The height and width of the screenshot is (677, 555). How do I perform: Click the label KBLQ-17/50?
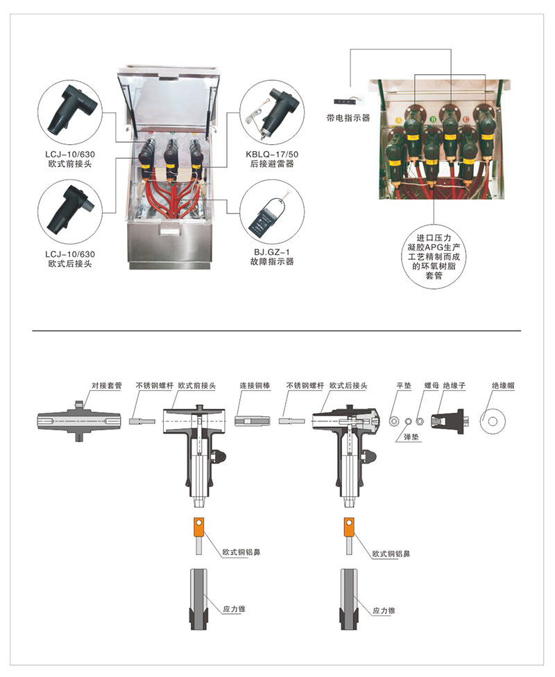click(x=272, y=154)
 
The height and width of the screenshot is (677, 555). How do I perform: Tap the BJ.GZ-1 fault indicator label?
click(x=272, y=252)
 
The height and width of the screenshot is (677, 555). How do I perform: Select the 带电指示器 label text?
click(x=348, y=117)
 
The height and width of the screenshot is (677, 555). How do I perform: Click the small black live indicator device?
click(x=345, y=102)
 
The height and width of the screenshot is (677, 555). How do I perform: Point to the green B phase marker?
click(x=434, y=119)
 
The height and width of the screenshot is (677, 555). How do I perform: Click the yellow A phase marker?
click(x=398, y=120)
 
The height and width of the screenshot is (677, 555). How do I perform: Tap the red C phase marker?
click(x=466, y=119)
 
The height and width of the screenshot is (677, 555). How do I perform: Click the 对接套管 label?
click(x=107, y=385)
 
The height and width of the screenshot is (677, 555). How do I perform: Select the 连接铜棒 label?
click(x=255, y=385)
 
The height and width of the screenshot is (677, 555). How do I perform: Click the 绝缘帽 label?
click(x=503, y=385)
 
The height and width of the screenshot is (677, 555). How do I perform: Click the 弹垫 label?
click(x=411, y=437)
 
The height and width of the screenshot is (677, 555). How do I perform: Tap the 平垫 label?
click(x=404, y=385)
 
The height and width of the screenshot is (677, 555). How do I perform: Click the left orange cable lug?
click(x=199, y=527)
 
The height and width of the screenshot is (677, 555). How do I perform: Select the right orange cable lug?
click(x=349, y=527)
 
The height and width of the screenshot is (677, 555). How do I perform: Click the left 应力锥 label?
click(x=234, y=609)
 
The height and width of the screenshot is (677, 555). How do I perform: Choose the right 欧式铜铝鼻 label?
click(x=391, y=554)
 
